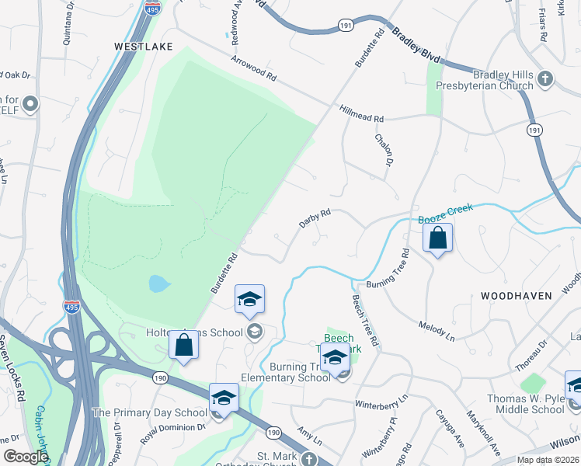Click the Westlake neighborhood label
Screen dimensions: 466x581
pyautogui.click(x=143, y=47)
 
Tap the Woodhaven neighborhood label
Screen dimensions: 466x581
pyautogui.click(x=516, y=296)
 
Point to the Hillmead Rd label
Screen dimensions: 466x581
pyautogui.click(x=362, y=113)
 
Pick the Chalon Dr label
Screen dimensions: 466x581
pyautogui.click(x=384, y=148)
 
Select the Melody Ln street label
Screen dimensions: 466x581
pyautogui.click(x=436, y=329)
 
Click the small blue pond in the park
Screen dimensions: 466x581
pyautogui.click(x=158, y=283)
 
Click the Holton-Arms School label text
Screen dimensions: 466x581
pyautogui.click(x=195, y=332)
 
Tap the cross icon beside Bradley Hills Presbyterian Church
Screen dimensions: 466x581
pyautogui.click(x=545, y=78)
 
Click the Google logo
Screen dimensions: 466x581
pyautogui.click(x=26, y=457)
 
